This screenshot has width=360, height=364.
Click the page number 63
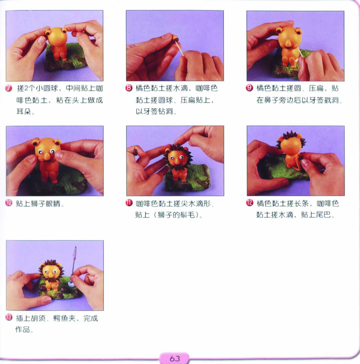coord(175,359)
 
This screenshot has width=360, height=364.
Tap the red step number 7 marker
coord(9,88)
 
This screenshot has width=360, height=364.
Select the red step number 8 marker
coord(129,88)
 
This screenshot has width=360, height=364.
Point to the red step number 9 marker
coord(249,88)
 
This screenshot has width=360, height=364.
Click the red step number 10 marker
coord(9,203)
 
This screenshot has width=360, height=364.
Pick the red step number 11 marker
coord(129,203)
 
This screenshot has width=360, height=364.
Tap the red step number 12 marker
coord(249,203)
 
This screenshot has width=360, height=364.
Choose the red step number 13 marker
coord(9,317)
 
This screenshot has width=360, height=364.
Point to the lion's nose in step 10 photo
coord(47,157)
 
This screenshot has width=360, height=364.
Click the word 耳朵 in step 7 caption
coord(24,112)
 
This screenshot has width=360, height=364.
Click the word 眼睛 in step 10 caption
coord(53,204)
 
